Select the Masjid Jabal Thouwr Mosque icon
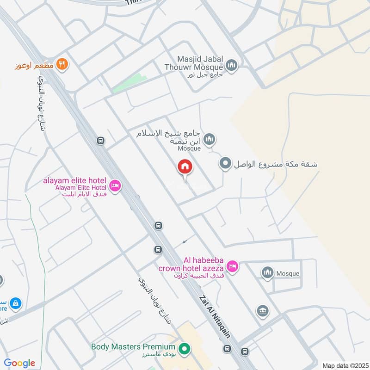232,64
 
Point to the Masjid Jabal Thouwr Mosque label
200,63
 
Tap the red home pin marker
185,167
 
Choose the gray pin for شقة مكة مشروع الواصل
225,163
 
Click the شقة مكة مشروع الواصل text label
276,164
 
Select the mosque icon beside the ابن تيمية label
210,138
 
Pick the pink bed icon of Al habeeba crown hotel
232,266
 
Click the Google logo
19,363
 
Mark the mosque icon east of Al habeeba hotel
267,273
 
